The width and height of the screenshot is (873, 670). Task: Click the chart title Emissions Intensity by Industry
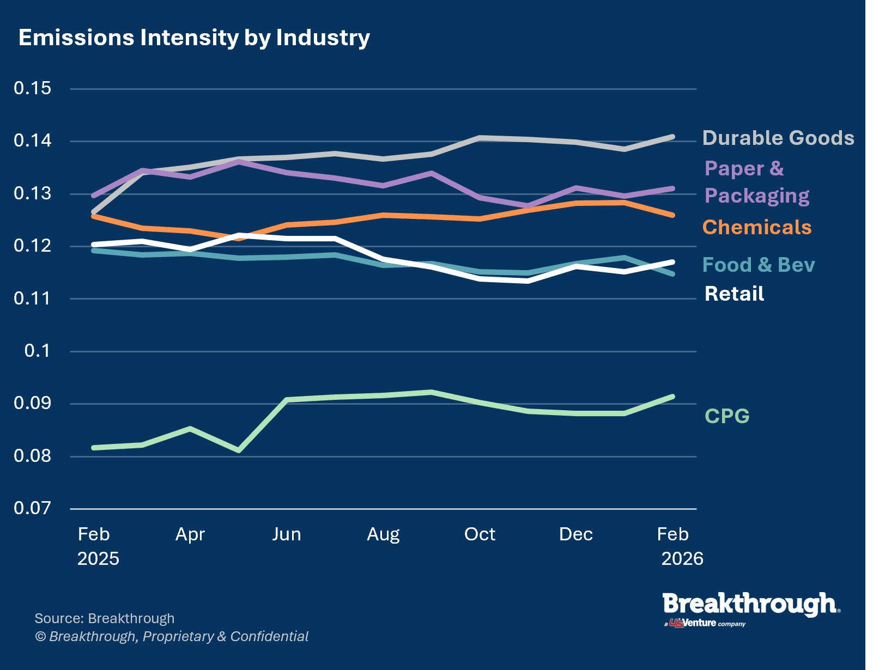194,38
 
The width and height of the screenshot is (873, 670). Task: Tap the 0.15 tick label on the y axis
33,88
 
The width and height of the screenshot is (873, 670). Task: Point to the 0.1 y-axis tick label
37,351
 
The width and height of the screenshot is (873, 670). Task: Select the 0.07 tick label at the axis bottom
33,508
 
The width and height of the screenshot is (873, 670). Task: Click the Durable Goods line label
778,138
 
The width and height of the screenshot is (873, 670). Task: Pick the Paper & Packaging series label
756,182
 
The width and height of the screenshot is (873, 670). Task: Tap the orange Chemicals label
756,227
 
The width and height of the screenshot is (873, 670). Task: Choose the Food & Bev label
758,265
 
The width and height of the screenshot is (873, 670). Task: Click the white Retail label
734,294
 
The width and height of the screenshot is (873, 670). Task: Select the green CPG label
727,416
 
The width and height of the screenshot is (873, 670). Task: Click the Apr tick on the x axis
190,534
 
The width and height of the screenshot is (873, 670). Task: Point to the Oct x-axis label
480,534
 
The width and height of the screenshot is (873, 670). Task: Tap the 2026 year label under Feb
682,559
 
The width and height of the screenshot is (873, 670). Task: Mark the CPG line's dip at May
239,450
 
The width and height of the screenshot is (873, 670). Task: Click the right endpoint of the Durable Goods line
672,137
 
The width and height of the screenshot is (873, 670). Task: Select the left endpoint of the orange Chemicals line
94,216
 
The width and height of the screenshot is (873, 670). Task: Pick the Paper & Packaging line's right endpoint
672,188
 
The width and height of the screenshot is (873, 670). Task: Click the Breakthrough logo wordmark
750,605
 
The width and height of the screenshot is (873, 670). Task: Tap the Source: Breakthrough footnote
105,619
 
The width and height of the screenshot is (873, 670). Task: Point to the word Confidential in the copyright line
269,637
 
